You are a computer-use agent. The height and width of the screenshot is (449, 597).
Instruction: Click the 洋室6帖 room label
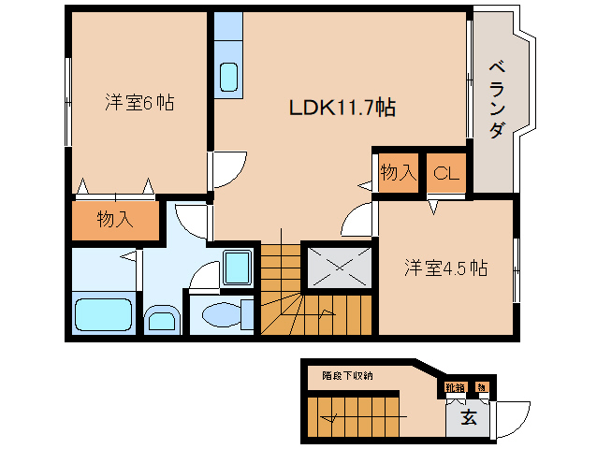(x=138, y=103)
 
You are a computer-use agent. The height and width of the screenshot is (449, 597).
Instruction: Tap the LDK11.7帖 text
(x=341, y=109)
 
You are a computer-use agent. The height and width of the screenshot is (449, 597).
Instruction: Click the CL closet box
(x=445, y=173)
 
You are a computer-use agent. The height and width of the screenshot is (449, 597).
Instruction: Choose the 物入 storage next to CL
(x=398, y=173)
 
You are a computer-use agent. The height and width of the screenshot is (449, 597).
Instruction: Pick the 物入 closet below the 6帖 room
(x=115, y=220)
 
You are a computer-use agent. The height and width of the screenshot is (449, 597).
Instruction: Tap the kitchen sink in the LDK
(x=229, y=77)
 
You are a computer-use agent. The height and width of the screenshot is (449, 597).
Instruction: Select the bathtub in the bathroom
(x=104, y=312)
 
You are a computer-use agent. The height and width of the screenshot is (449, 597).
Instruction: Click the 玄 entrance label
(x=468, y=417)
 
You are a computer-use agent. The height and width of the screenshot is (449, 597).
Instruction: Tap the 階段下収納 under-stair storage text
(x=347, y=375)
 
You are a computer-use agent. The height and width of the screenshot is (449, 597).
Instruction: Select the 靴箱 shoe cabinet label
(x=456, y=387)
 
